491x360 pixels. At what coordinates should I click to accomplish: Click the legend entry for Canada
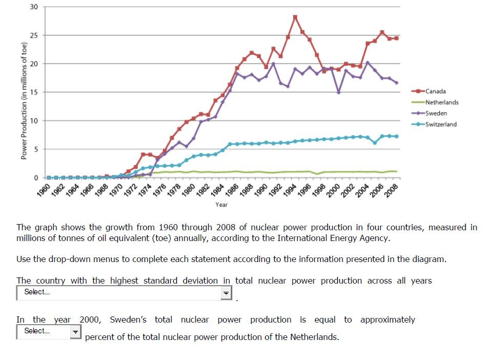point(435,91)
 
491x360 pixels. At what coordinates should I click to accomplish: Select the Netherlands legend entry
point(441,102)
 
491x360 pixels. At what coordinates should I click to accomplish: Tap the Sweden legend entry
point(436,113)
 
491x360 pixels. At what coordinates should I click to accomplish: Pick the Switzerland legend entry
point(440,124)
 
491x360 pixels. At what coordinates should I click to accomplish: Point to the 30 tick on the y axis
point(34,7)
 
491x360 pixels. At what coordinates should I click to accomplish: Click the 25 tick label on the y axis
point(34,35)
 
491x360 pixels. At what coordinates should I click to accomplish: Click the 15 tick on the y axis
point(34,92)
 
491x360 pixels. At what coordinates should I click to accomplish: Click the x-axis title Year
point(221,205)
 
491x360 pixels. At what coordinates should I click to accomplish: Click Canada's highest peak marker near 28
point(295,17)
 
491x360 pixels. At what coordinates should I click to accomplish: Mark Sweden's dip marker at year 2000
point(338,92)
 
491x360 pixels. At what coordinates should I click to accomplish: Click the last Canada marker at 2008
point(396,38)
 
